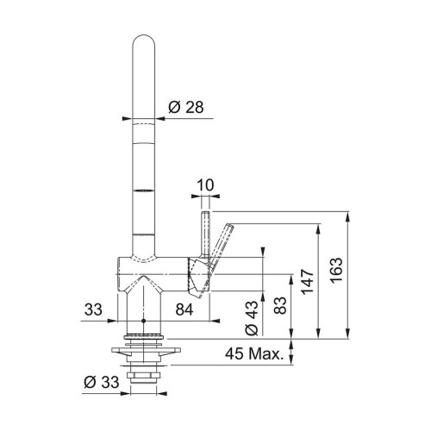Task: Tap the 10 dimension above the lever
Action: tap(205, 183)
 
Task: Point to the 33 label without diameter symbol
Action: tap(94, 309)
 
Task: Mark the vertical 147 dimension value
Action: tap(307, 278)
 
